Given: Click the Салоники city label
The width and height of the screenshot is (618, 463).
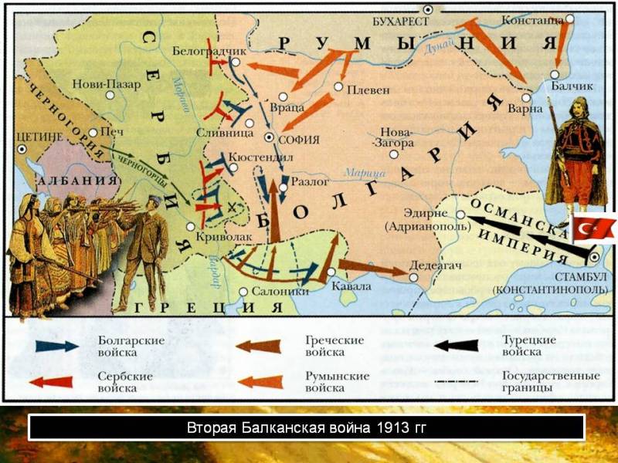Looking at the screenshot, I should tap(282, 292).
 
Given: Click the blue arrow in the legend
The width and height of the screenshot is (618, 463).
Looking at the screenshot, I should tap(56, 346).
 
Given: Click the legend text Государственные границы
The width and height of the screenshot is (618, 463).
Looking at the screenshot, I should tap(551, 382).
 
